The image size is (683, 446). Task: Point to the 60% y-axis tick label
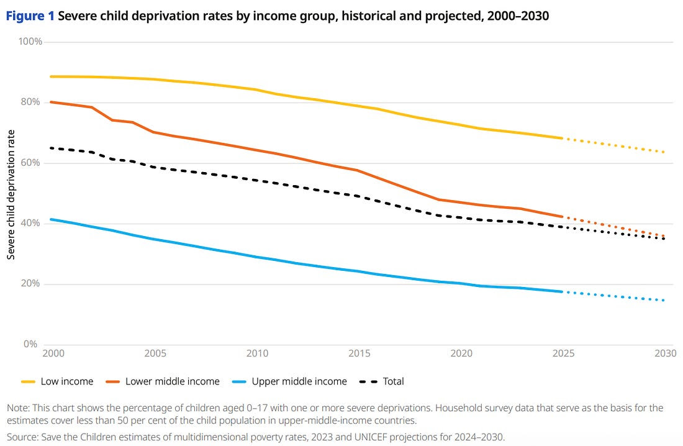pyautogui.click(x=33, y=163)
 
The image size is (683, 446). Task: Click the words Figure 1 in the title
pyautogui.click(x=29, y=16)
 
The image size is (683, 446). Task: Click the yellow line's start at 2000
pyautogui.click(x=50, y=76)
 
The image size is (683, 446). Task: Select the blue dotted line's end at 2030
pyautogui.click(x=664, y=301)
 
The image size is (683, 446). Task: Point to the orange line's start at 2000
pyautogui.click(x=50, y=102)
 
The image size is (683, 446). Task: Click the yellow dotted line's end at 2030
pyautogui.click(x=664, y=152)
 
